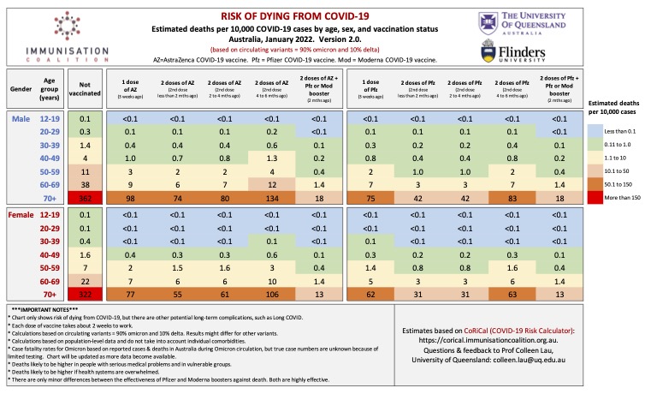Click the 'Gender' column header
tap(21, 88)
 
